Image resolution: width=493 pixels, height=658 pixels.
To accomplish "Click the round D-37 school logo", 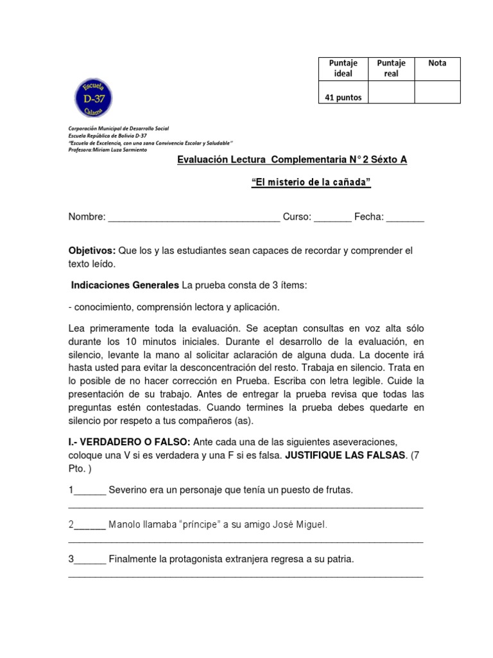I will point(94,98).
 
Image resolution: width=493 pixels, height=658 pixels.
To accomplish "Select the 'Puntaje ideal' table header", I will point(343,68).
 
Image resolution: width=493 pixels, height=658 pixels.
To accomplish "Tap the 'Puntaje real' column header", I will point(391,68).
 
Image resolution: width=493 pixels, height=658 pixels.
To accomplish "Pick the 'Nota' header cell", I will point(437,63).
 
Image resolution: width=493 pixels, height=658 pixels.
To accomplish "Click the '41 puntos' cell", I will point(343,98).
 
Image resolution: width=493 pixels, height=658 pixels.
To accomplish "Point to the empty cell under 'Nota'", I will point(437,93).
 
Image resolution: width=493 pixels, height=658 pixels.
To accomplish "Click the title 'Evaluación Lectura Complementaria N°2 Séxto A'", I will point(292,160).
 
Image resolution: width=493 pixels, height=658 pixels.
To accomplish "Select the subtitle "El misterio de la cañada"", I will point(311,182).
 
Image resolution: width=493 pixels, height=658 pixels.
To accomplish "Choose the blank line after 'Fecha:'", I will point(405,218).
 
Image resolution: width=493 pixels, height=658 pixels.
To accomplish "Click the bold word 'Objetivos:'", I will point(92,251).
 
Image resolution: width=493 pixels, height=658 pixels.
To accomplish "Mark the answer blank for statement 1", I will point(90,492).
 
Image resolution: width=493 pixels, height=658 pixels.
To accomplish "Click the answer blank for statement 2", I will point(90,526).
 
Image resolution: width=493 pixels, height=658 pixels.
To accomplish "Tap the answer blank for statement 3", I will point(90,560).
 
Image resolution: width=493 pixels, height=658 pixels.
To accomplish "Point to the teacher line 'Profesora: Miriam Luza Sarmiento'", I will point(107,150).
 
